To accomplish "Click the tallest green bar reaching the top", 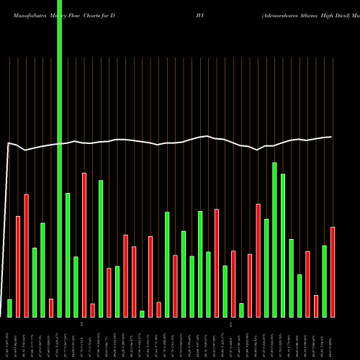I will coord(59,158).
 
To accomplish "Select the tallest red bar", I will coord(84,245).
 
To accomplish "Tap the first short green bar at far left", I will coord(9,308).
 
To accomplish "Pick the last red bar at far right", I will coord(333,272).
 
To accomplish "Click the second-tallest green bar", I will coord(274,240).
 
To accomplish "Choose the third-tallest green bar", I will coord(283,246).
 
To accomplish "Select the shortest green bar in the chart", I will coord(142,314).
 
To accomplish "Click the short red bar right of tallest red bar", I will coord(92,310).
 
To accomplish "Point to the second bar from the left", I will coord(18,266).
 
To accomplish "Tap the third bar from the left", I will coord(26,256).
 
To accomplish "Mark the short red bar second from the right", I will coord(316,306).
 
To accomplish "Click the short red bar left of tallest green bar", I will coord(51,307).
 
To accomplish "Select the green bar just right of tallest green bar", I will coord(68,255).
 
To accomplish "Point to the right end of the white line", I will coord(331,137).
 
